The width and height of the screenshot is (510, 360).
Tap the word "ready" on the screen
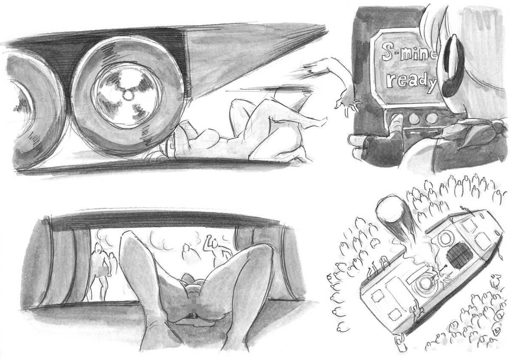coord(412,82)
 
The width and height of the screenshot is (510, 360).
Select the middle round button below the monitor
coord(414,118)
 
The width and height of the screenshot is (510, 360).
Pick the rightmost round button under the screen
coord(431,118)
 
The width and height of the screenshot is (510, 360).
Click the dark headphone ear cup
coord(452,68)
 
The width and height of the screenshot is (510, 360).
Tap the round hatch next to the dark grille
coord(443,238)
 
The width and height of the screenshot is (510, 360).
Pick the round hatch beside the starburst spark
coord(425,283)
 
